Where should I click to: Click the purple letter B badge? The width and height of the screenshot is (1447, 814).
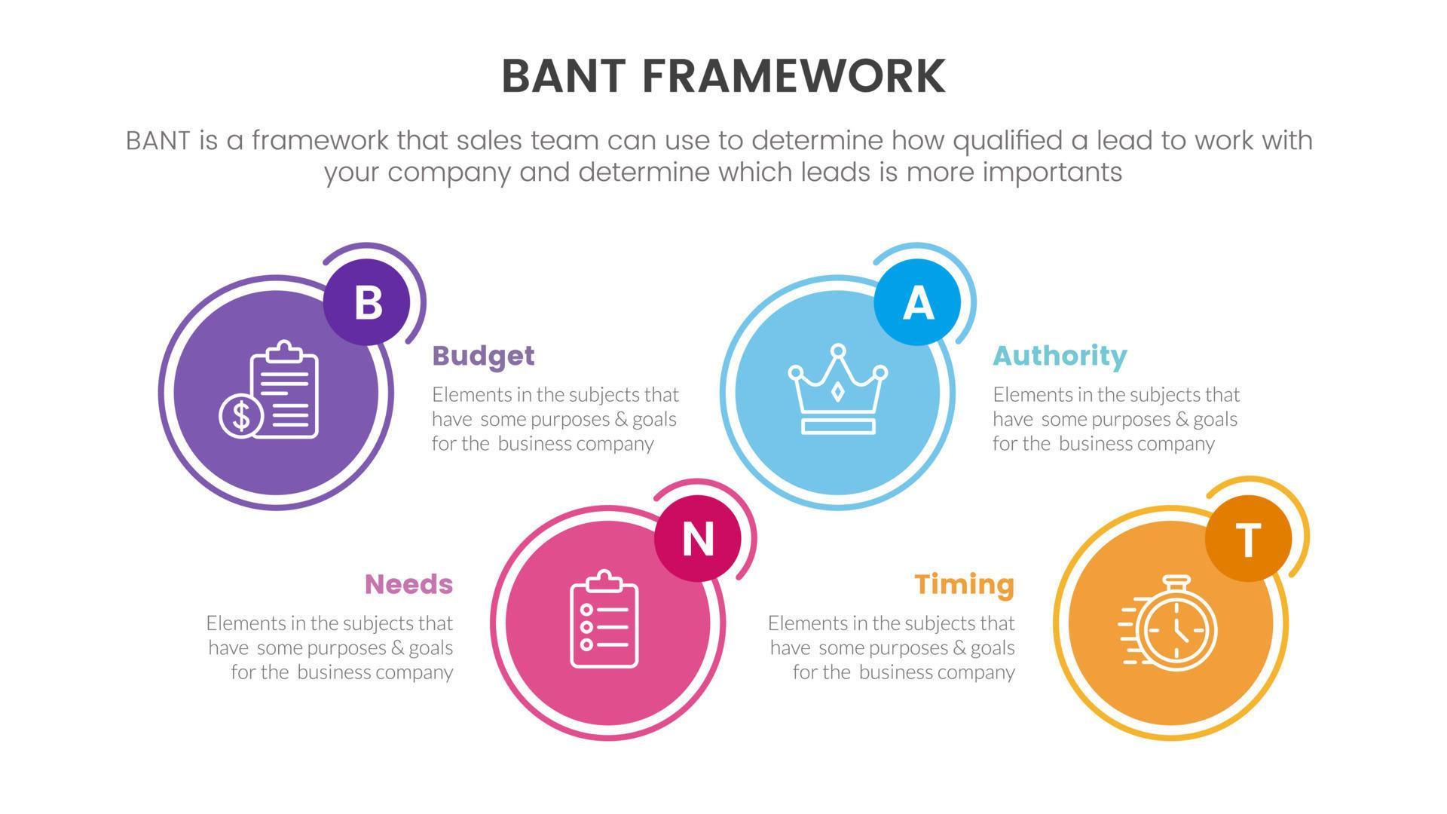point(367,302)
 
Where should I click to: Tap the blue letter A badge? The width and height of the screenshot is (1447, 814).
point(917,302)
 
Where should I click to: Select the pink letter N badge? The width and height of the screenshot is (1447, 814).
point(697,538)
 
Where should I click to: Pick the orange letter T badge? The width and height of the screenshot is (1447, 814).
point(1248,538)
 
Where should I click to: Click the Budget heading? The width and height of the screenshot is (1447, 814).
point(483,356)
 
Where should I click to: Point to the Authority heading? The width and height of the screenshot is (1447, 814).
point(1060,356)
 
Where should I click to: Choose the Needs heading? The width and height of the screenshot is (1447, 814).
point(408,584)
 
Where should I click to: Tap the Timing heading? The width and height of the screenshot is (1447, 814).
point(965,584)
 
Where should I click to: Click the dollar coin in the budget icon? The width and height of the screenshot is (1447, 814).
point(241,415)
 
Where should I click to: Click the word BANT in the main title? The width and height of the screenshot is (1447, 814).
point(564,76)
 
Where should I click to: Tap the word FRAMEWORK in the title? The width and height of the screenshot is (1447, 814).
point(794,76)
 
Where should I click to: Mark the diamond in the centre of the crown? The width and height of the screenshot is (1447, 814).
point(837,392)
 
